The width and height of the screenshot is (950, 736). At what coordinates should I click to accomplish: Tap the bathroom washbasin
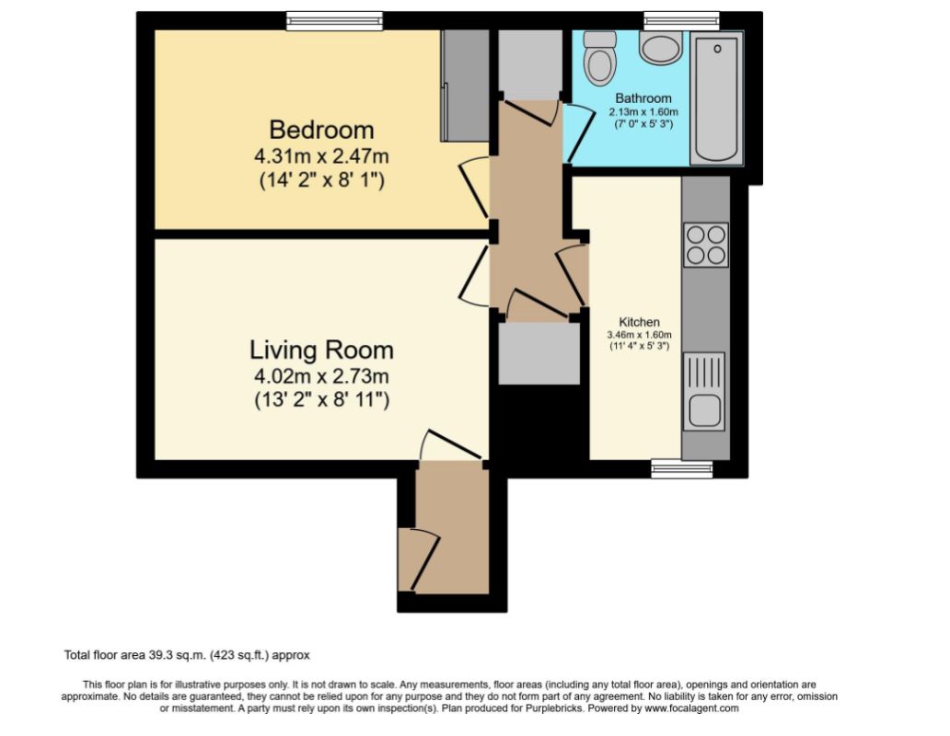point(661,49)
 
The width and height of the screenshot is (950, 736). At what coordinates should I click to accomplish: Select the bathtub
point(717,98)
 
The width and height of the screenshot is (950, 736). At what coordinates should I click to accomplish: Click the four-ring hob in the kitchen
point(706,245)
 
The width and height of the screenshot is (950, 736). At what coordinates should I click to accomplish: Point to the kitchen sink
point(704,392)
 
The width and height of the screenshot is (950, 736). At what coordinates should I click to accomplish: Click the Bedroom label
point(321,130)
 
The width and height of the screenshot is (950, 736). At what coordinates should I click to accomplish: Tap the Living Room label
point(321,350)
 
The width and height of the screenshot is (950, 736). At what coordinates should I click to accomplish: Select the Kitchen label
point(639,322)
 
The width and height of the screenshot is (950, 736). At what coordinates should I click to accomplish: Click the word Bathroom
point(643,98)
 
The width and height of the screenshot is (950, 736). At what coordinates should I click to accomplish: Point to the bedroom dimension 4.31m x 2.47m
point(321,156)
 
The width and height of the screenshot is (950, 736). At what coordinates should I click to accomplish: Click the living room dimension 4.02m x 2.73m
point(321,376)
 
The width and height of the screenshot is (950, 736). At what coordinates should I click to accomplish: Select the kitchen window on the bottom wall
point(682,468)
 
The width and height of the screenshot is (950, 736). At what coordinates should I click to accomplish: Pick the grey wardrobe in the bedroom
point(465,86)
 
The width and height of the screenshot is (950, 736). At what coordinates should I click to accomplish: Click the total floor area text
point(187,655)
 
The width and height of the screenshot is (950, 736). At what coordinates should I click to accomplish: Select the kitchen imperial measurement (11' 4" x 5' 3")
point(639,346)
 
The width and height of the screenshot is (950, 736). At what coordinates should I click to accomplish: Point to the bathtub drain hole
point(717,49)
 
